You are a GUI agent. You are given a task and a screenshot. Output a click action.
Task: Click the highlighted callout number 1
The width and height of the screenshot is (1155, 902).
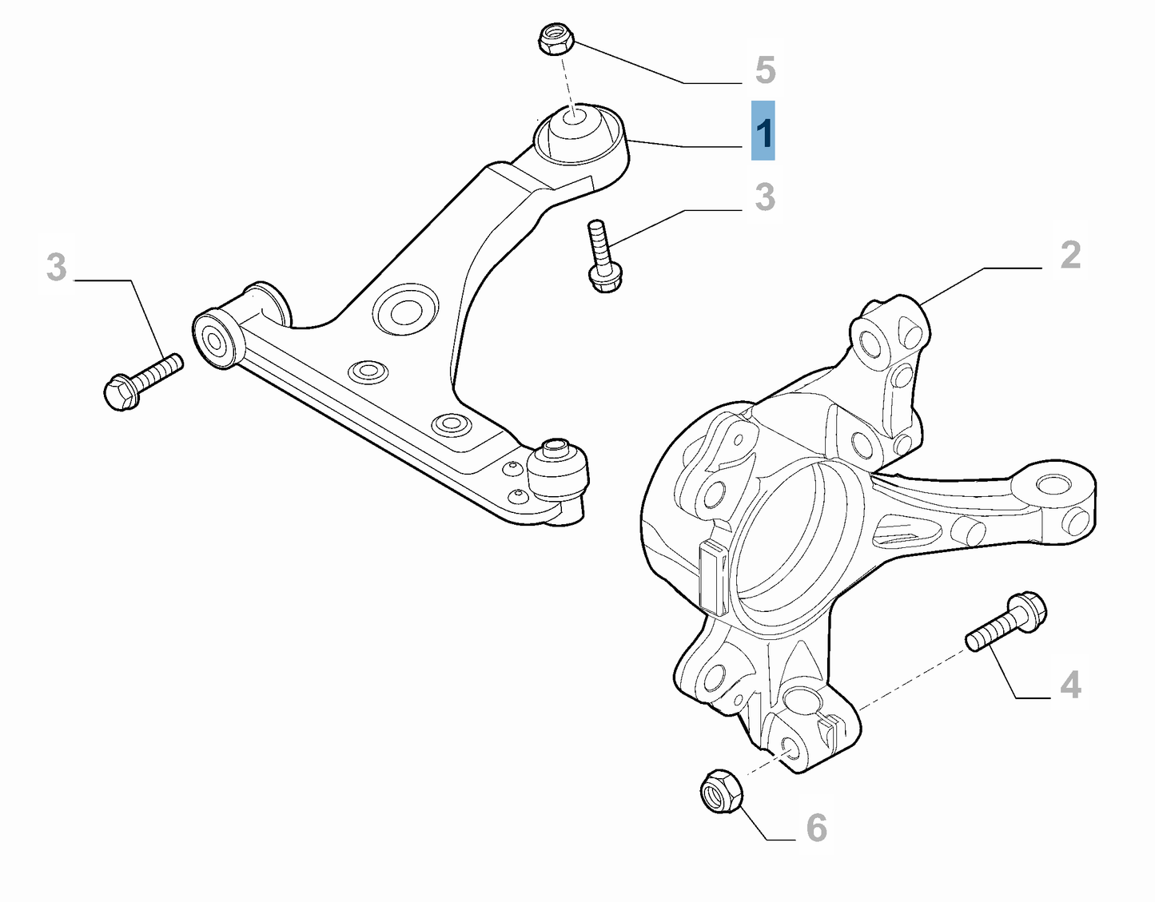coord(763,131)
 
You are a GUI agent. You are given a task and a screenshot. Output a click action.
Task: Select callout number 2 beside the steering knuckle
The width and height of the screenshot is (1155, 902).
coord(1070,256)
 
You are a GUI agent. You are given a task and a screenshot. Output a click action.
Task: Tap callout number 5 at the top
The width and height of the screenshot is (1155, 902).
coord(765,70)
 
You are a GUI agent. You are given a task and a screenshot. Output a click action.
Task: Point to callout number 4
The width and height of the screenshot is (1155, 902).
coord(1070,685)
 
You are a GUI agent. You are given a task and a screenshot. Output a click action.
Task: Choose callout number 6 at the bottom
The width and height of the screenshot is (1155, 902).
coord(816,828)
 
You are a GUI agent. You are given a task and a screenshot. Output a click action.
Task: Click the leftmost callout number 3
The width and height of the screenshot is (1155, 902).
coord(56,267)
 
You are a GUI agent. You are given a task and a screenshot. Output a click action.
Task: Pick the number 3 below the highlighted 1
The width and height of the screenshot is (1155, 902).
coord(765,197)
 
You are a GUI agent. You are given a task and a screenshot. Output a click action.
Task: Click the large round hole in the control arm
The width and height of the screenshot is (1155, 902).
coord(405,308)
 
